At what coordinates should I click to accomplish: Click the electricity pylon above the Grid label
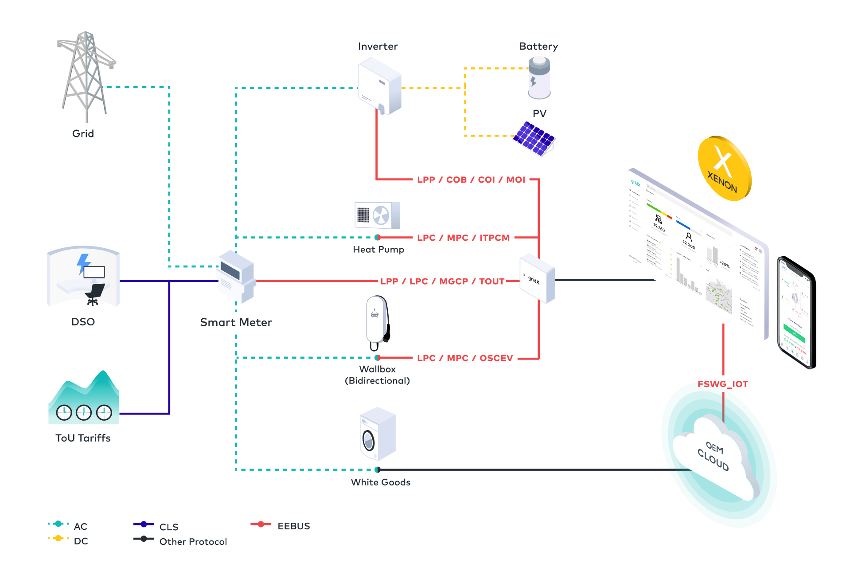tap(86, 75)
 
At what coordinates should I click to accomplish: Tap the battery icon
tap(539, 79)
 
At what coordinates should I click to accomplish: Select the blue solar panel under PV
tap(534, 138)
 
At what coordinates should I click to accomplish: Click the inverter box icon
tap(380, 87)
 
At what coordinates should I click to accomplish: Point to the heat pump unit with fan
tap(377, 215)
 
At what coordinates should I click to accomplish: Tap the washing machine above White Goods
tap(377, 434)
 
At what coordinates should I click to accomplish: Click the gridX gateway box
tap(537, 278)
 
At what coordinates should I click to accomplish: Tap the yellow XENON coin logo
tap(724, 168)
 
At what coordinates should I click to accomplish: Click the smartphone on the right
tap(796, 313)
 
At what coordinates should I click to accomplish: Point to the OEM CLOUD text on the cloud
tap(714, 456)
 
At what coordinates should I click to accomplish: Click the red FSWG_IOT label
tap(722, 384)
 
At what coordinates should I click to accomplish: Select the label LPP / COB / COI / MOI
tap(471, 180)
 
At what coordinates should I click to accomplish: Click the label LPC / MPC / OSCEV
tap(464, 358)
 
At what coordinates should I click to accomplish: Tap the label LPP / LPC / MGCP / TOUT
tap(442, 281)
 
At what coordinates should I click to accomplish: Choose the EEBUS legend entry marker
tap(261, 524)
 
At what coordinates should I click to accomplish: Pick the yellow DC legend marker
tap(58, 539)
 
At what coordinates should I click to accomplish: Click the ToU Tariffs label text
tap(83, 438)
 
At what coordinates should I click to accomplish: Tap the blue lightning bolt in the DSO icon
tap(83, 263)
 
